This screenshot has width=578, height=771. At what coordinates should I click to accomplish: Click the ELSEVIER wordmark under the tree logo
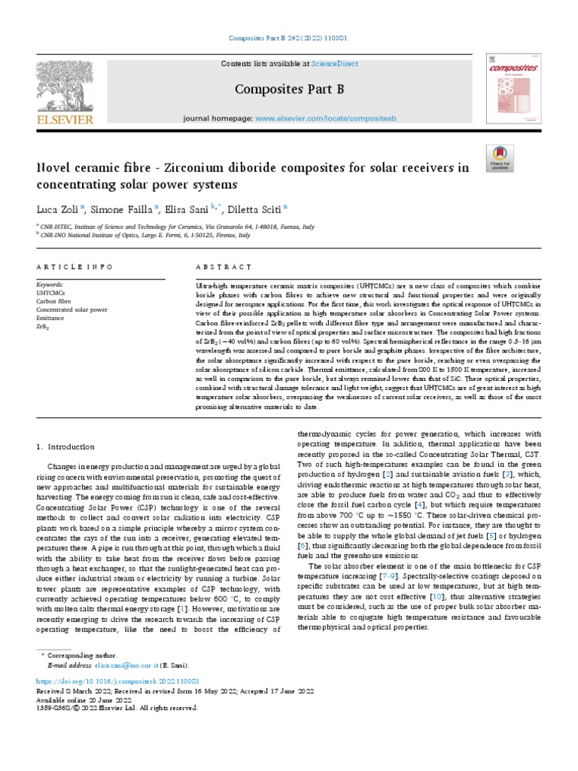64,120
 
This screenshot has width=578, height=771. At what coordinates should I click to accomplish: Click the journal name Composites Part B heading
289,90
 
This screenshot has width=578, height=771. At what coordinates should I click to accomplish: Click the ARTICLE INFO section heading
75,267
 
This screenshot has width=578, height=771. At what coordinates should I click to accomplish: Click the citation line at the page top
289,38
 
